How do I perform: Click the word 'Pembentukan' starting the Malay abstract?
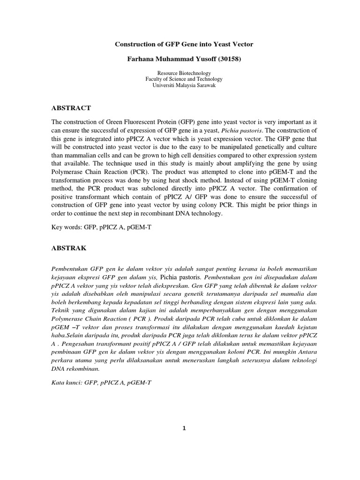[x=71, y=269]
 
